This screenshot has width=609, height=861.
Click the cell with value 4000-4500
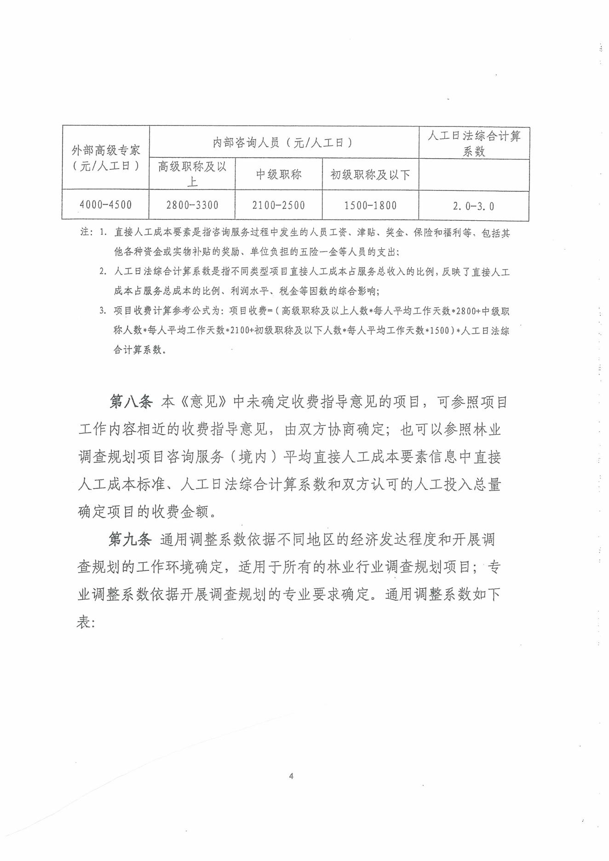click(x=105, y=205)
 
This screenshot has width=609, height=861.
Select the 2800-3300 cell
click(x=192, y=205)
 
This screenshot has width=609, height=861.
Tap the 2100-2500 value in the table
click(x=278, y=205)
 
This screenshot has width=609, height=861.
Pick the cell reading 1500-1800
click(x=370, y=206)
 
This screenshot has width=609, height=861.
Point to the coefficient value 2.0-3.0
click(x=473, y=206)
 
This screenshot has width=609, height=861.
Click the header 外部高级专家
click(x=105, y=150)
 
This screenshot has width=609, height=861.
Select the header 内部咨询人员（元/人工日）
click(x=283, y=143)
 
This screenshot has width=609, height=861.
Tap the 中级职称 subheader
click(x=278, y=174)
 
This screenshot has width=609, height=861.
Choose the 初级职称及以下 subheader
click(x=370, y=175)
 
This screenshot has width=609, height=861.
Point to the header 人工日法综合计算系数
click(x=474, y=143)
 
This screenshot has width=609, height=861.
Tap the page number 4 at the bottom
click(x=291, y=776)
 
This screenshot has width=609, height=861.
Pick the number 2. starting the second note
click(x=103, y=271)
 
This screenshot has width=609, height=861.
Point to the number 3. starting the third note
click(x=103, y=310)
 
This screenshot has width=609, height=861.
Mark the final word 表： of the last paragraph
click(x=86, y=622)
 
